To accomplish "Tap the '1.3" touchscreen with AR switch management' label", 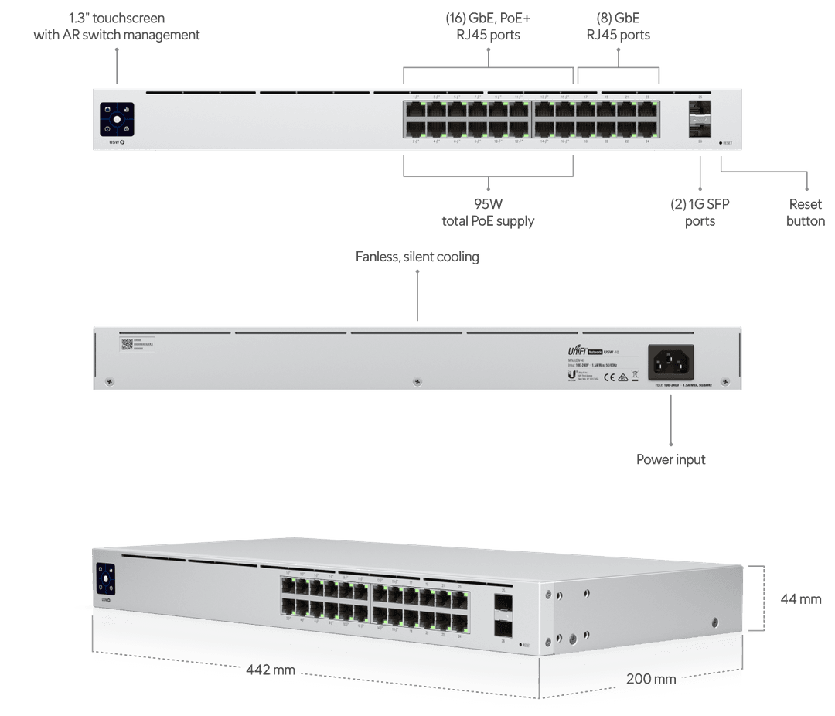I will pyautogui.click(x=117, y=26).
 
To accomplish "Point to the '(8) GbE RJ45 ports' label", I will pyautogui.click(x=617, y=26).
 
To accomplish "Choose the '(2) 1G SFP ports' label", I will pyautogui.click(x=700, y=213).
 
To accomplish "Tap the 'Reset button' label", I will pyautogui.click(x=806, y=213).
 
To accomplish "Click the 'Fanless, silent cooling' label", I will pyautogui.click(x=417, y=257).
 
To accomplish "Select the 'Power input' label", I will pyautogui.click(x=671, y=460).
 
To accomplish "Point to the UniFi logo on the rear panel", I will pyautogui.click(x=578, y=350).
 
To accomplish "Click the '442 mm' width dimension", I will pyautogui.click(x=271, y=670).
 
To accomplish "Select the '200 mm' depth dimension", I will pyautogui.click(x=650, y=680).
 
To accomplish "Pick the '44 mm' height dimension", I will pyautogui.click(x=801, y=599).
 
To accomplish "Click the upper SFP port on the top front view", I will pyautogui.click(x=700, y=112).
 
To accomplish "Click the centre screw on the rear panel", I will pyautogui.click(x=417, y=381).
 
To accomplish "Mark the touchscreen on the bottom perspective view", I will pyautogui.click(x=105, y=579).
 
